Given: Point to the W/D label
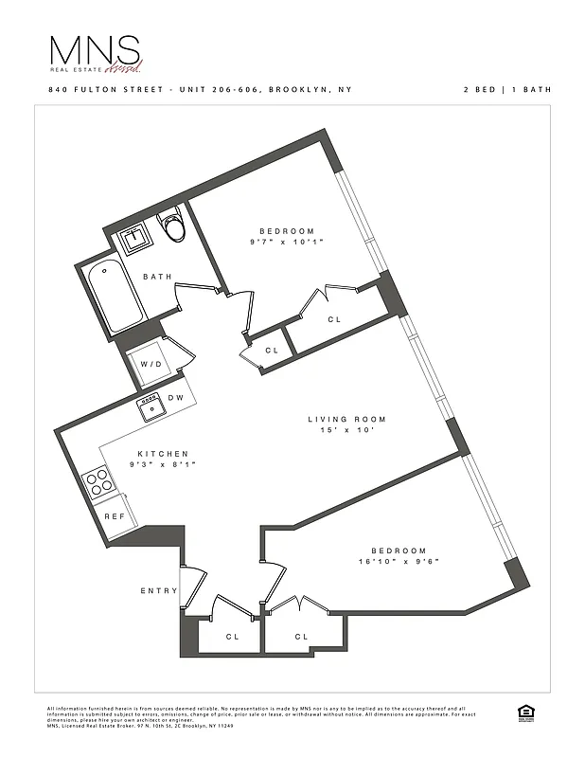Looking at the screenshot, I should (x=150, y=364).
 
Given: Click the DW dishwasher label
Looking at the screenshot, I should (x=175, y=398).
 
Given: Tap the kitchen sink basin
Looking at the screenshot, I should (x=151, y=409).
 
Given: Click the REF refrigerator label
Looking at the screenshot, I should (x=115, y=517).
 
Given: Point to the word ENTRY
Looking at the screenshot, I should (x=159, y=591).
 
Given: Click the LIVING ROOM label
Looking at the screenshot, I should (x=346, y=420).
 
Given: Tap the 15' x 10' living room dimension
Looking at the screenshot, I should (x=347, y=432).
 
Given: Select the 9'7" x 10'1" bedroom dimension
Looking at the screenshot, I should (x=288, y=243).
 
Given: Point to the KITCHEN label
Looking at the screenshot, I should (x=162, y=454).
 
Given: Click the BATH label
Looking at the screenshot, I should (x=157, y=277).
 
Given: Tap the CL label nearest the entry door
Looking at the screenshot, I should (x=232, y=637).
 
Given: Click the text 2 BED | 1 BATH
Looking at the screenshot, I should (x=506, y=89).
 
